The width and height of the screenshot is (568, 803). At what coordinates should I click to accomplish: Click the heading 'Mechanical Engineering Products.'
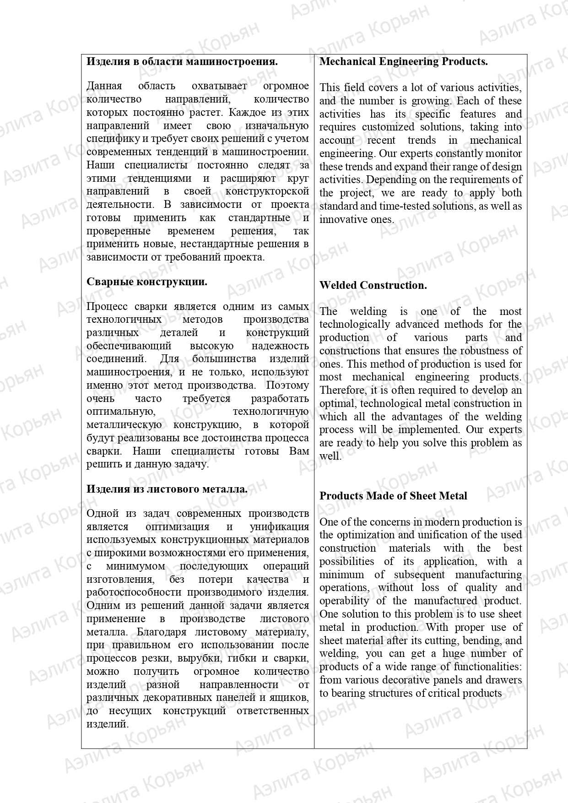point(403,62)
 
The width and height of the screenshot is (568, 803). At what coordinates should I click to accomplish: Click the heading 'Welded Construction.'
point(373,285)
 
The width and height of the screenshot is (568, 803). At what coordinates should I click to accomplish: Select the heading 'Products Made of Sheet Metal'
point(393,496)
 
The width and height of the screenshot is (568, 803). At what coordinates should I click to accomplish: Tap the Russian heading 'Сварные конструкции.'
point(146,282)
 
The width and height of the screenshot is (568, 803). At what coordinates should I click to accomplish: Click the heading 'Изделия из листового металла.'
point(167,489)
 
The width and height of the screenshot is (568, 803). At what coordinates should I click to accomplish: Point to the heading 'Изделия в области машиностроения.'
point(182,61)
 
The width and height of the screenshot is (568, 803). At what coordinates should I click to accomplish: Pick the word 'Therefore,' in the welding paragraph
point(340,390)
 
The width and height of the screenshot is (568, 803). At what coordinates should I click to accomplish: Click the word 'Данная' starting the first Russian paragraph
point(104,86)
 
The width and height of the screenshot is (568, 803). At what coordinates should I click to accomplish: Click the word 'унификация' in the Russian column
point(279,526)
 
